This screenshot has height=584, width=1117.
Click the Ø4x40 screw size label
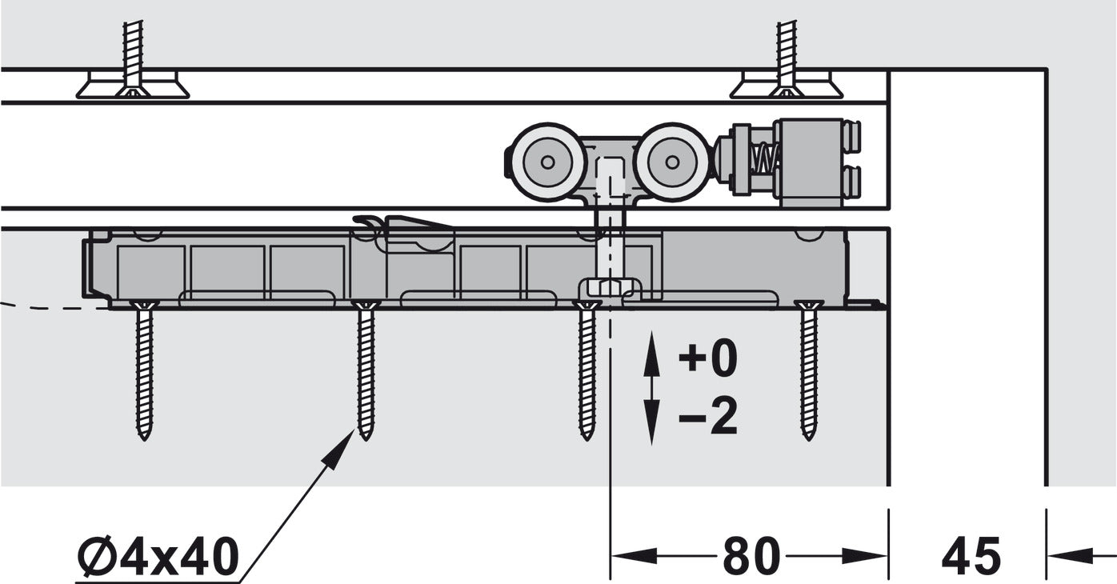(158, 556)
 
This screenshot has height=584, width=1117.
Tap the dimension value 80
(751, 556)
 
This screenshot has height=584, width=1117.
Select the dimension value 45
(971, 556)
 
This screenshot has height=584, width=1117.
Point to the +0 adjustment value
(708, 358)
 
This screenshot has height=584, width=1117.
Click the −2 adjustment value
(708, 417)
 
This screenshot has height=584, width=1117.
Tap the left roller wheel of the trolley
(547, 162)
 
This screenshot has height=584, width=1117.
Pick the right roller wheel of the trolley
(671, 162)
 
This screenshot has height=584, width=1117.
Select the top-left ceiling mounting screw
(133, 59)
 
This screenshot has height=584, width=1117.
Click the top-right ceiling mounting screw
(787, 59)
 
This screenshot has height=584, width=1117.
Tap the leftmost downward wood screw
(144, 370)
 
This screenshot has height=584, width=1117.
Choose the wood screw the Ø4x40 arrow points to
(366, 370)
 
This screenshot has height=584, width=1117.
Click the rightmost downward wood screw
(808, 370)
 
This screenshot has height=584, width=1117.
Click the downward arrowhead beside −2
(651, 422)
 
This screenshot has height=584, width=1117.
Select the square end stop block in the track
(810, 162)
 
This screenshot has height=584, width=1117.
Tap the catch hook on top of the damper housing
(403, 227)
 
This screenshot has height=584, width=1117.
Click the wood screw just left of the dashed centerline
(587, 370)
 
